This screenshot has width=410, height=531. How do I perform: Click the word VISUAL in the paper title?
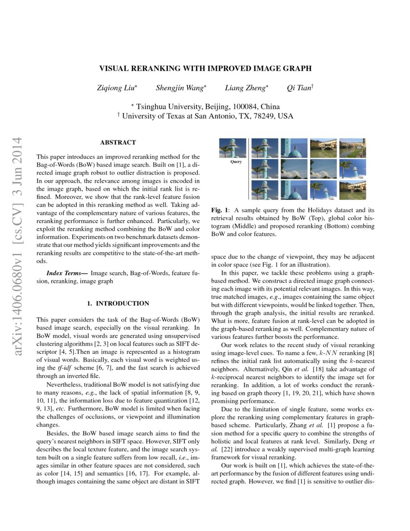[x=115, y=69]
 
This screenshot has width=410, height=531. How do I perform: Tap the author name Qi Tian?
[x=299, y=88]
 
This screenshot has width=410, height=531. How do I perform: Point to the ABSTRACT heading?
[x=118, y=142]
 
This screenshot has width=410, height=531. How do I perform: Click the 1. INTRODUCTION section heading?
[x=118, y=304]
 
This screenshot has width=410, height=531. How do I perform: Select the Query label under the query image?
[x=236, y=162]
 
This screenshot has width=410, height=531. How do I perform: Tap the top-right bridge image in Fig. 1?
[x=353, y=148]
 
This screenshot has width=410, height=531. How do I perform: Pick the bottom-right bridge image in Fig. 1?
[x=353, y=190]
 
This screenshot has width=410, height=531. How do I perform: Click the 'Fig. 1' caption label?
[x=220, y=211]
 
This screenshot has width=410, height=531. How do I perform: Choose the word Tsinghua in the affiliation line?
[x=155, y=107]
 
